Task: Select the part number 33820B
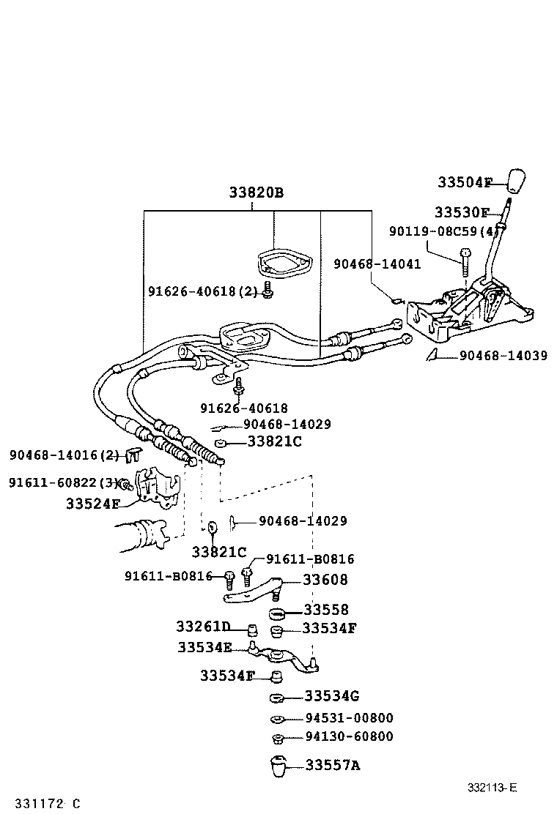pos(255,193)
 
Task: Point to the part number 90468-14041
pos(377,264)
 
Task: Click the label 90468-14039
pos(503,356)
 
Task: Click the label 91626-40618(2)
pos(203,291)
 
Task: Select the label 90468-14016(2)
pos(64,455)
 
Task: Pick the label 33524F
pos(92,504)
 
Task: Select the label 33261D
pos(203,627)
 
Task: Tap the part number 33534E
pos(204,647)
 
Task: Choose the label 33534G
pos(332,695)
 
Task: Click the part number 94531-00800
pos(349,718)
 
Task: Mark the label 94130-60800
pos(349,736)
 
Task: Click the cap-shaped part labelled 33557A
pos(278,766)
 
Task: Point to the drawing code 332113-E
pos(493,788)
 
